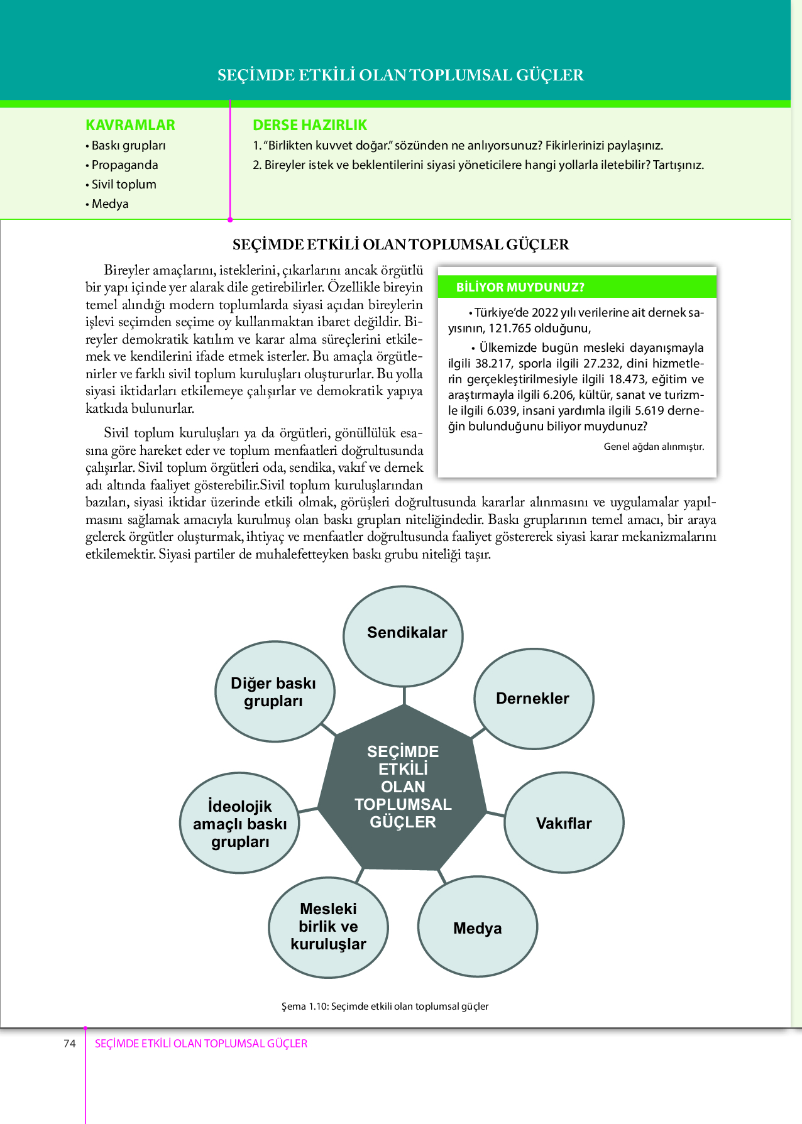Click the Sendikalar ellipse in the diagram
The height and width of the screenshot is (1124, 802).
(404, 636)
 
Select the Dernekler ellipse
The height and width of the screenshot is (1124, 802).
(534, 699)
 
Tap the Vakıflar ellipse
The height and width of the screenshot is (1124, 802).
(564, 823)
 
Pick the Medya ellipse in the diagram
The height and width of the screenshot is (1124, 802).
(478, 927)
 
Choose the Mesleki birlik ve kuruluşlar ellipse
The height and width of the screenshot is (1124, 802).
(328, 927)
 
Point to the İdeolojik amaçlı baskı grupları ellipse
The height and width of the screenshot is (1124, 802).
(239, 823)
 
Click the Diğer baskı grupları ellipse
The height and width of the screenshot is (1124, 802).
(274, 692)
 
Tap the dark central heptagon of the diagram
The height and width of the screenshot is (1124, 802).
(402, 787)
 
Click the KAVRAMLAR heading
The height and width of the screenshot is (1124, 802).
(130, 125)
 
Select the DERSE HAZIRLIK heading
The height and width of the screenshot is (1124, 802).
(310, 125)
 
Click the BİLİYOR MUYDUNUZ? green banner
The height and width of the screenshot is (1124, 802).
(577, 287)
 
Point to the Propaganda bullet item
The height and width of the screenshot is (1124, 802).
(124, 165)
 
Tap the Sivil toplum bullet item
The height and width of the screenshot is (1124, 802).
(124, 184)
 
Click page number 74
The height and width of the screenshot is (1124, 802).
(69, 1044)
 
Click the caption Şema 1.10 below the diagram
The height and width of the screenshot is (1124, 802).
(385, 1006)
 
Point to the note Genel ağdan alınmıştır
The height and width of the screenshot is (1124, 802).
(654, 446)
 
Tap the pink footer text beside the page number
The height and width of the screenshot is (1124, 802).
(201, 1044)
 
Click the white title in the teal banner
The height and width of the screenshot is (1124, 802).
(400, 75)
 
